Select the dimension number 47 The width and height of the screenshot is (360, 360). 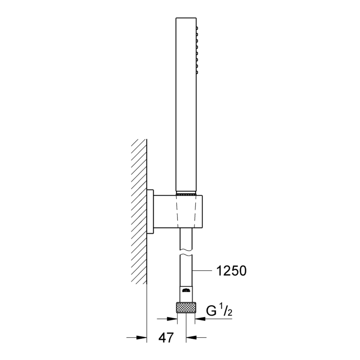point(166,337)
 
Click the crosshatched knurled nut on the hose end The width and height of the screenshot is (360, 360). point(185,308)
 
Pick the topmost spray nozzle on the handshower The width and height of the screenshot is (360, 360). point(197,28)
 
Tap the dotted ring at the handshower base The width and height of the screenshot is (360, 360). point(185,193)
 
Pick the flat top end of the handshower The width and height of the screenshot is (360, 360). point(185,18)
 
